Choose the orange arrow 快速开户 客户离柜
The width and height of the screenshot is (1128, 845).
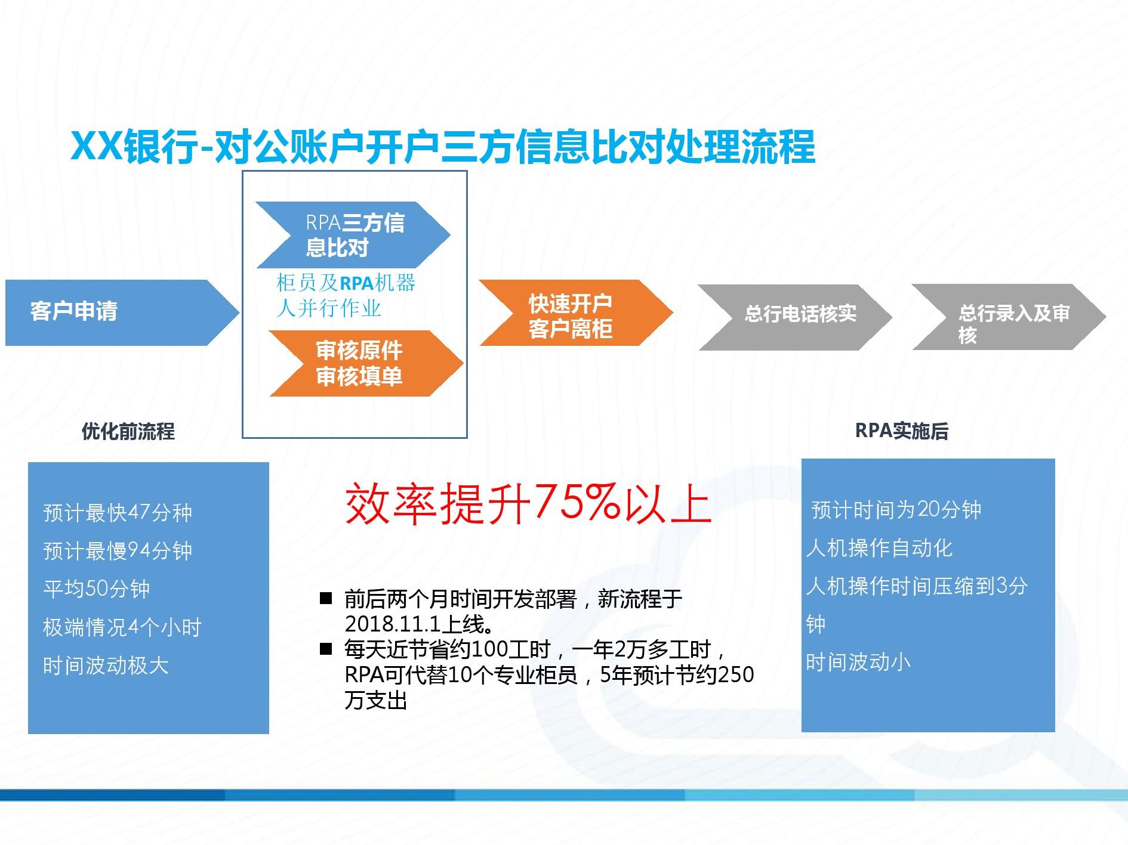(577, 312)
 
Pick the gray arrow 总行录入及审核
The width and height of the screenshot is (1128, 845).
(1009, 317)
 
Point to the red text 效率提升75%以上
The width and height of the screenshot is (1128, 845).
(528, 504)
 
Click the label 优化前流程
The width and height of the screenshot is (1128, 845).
(128, 431)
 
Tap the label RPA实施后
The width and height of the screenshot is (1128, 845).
(902, 431)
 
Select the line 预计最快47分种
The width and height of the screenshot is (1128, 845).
(118, 513)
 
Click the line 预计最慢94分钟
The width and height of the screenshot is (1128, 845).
(118, 551)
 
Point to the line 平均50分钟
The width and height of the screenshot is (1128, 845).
(96, 589)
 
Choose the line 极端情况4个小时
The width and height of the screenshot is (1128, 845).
(122, 627)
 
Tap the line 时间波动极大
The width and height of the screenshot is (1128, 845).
(106, 666)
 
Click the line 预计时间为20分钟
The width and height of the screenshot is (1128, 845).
(896, 510)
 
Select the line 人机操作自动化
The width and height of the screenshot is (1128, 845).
(879, 548)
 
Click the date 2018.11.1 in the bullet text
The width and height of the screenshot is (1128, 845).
(393, 624)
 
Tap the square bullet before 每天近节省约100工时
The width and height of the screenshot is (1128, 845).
(326, 649)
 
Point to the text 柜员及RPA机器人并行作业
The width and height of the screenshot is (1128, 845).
(346, 295)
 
